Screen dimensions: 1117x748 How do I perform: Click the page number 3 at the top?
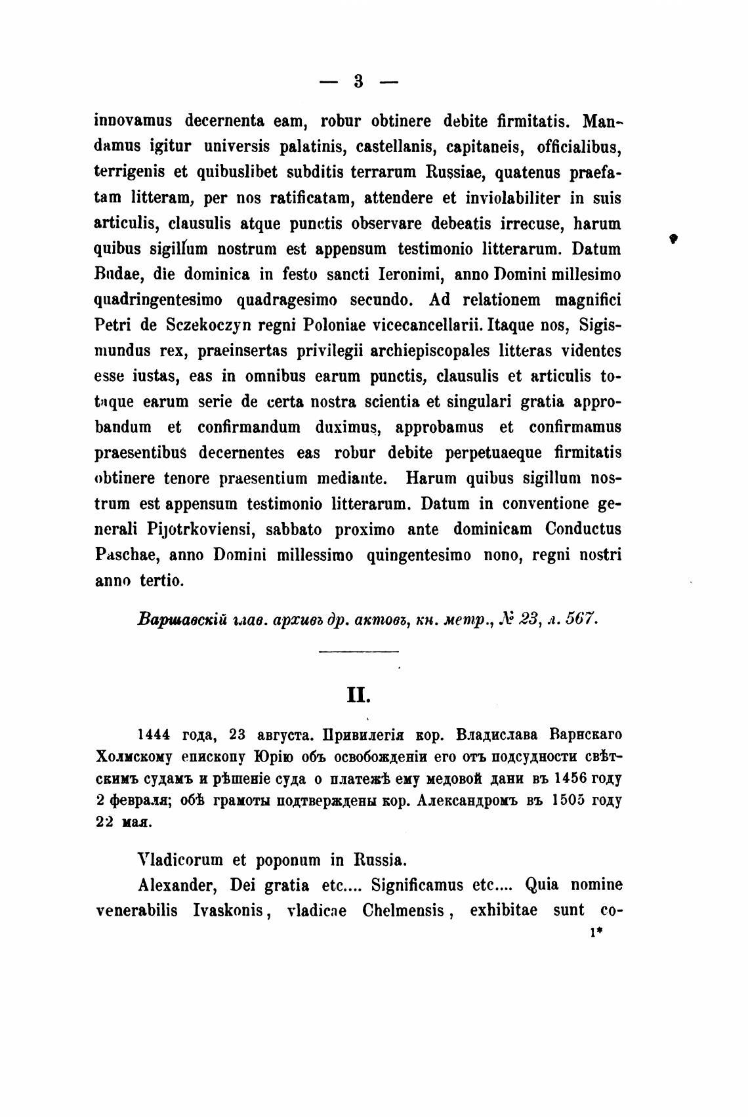point(358,81)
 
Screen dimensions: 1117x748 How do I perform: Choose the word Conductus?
point(583,530)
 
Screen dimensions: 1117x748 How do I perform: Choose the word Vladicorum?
point(181,859)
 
